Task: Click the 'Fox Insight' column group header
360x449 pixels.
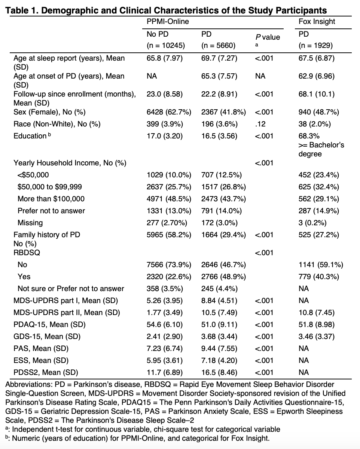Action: (317, 22)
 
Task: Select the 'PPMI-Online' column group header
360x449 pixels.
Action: (168, 22)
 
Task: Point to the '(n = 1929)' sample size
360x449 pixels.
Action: (315, 46)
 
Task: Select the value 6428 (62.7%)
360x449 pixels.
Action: (169, 112)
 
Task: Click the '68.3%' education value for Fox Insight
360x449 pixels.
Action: (309, 136)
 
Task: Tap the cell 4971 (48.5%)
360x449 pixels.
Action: (169, 199)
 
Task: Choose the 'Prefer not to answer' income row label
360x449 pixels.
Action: (51, 211)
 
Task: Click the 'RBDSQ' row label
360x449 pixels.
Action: (27, 253)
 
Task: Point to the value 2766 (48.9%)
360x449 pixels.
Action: (223, 277)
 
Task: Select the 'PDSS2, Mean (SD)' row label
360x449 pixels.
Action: (45, 372)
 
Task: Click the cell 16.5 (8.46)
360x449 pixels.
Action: (219, 372)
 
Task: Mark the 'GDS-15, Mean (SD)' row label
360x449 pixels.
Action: (47, 336)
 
